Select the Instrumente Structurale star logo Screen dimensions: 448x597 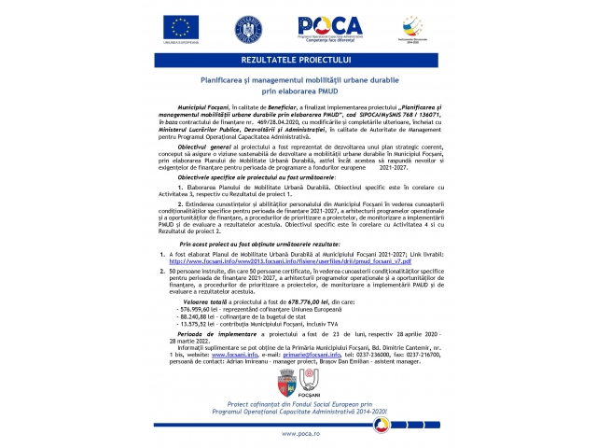(411, 28)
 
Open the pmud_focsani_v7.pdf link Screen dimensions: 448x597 (271, 261)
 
